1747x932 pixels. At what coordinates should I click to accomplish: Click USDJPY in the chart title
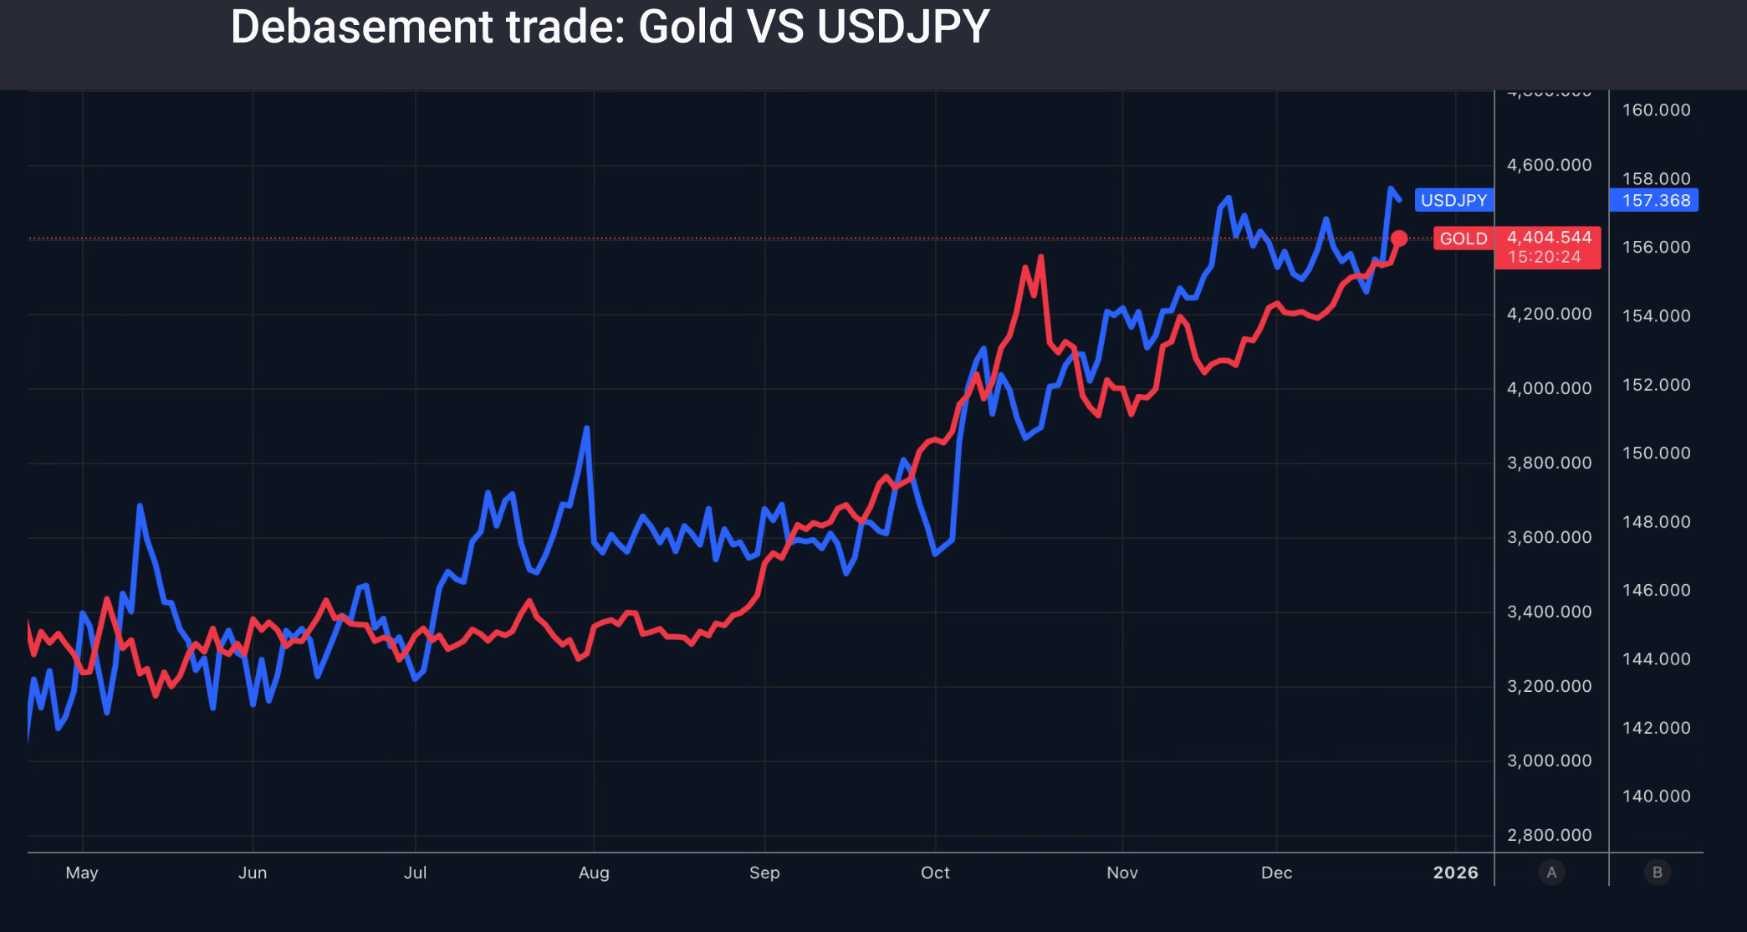coord(903,27)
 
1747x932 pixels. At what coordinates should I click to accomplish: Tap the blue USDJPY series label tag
coord(1453,201)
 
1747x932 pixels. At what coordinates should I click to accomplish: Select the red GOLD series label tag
coord(1463,239)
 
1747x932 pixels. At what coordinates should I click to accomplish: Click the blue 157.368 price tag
coord(1655,201)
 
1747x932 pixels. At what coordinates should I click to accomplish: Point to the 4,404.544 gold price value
coord(1549,238)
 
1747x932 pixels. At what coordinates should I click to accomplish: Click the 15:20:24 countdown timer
coord(1544,258)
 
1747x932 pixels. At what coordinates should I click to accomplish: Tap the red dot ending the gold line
coord(1399,238)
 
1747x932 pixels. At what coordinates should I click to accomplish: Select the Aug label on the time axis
coord(594,873)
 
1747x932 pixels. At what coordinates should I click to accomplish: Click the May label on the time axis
coord(82,873)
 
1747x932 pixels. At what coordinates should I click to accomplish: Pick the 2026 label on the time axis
coord(1455,873)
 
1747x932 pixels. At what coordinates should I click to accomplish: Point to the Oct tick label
coord(935,873)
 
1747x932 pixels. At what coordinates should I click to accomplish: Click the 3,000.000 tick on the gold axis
coord(1549,761)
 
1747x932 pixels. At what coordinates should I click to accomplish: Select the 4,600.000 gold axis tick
coord(1549,166)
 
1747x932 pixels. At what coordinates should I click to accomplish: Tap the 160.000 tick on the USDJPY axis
coord(1656,110)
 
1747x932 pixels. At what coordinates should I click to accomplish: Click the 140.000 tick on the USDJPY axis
coord(1656,796)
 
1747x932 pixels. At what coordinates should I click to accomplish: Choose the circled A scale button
coord(1551,873)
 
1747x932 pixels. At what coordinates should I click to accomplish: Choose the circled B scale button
coord(1657,873)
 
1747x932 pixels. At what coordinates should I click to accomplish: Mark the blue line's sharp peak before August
coord(587,428)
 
